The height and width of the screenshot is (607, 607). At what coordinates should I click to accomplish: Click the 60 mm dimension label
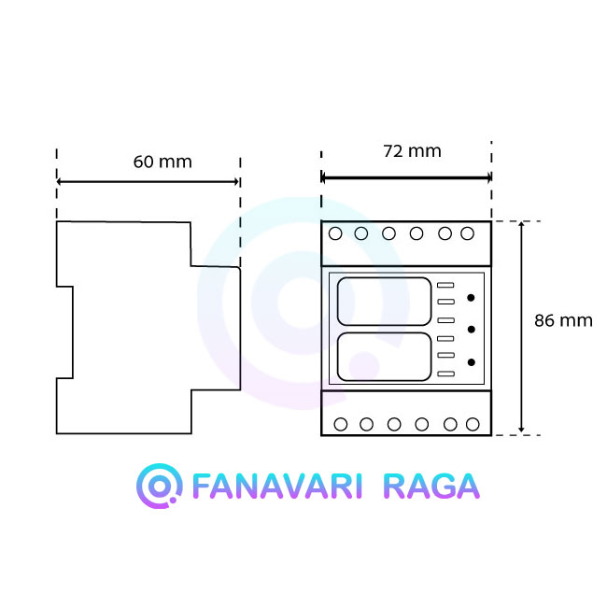[x=162, y=162]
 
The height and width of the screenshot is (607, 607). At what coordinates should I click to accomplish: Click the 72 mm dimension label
[x=412, y=151]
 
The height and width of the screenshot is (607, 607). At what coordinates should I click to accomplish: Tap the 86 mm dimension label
[x=563, y=320]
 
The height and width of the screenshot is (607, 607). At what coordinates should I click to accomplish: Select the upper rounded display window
[x=384, y=302]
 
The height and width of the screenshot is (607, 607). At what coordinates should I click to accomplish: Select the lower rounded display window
[x=384, y=357]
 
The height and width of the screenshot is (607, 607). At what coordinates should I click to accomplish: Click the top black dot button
[x=471, y=298]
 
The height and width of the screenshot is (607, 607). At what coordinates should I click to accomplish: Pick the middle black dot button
[x=471, y=330]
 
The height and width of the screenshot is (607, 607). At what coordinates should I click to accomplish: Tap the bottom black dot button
[x=471, y=362]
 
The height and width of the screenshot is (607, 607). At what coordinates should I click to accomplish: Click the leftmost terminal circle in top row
[x=335, y=233]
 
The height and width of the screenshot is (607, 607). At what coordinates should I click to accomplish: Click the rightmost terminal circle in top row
[x=467, y=233]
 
